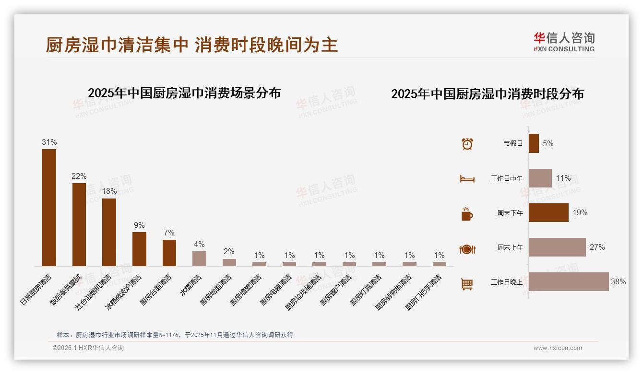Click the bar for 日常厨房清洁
(49, 207)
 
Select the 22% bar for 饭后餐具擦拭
(79, 224)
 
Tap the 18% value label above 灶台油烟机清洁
(109, 191)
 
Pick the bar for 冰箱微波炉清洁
(139, 249)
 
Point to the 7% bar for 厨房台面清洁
(169, 253)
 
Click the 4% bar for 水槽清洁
(199, 258)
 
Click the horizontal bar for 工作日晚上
(569, 281)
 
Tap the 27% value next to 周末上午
(597, 247)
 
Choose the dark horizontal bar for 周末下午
(548, 212)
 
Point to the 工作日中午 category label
(507, 178)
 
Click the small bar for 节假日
(534, 143)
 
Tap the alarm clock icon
(467, 143)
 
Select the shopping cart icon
(467, 284)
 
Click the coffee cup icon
(467, 214)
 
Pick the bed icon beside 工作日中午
(467, 179)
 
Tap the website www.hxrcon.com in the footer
(558, 348)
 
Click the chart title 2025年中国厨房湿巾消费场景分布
(184, 93)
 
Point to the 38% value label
(618, 282)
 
